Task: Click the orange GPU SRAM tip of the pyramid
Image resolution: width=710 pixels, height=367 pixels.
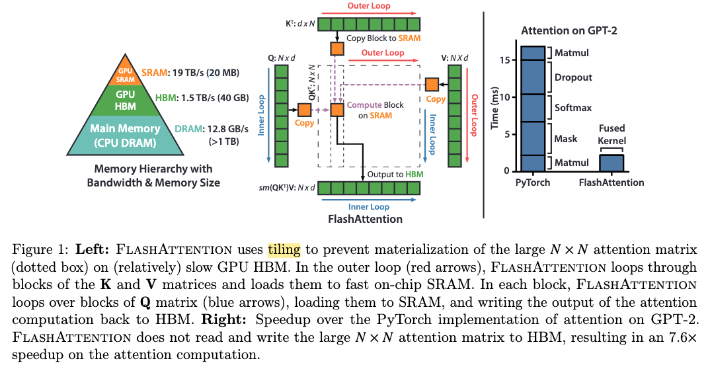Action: pyautogui.click(x=126, y=73)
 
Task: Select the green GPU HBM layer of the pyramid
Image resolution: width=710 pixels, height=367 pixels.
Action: pyautogui.click(x=125, y=100)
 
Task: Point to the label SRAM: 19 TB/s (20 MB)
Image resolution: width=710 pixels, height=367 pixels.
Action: pyautogui.click(x=190, y=73)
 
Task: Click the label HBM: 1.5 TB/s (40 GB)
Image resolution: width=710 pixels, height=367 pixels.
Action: pyautogui.click(x=202, y=97)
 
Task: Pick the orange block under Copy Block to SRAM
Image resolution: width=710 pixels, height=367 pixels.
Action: pyautogui.click(x=337, y=48)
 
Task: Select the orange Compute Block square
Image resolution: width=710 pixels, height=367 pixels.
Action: pyautogui.click(x=337, y=110)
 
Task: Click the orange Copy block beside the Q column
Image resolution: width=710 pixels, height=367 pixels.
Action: pyautogui.click(x=304, y=110)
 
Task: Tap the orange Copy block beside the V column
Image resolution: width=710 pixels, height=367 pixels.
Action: pyautogui.click(x=432, y=85)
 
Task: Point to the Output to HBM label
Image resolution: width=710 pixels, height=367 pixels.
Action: pyautogui.click(x=395, y=175)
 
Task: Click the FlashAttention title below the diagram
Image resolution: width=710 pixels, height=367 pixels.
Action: pyautogui.click(x=365, y=220)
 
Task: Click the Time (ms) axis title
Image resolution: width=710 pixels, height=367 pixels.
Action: pyautogui.click(x=494, y=108)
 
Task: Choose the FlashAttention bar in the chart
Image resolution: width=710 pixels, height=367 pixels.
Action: pyautogui.click(x=611, y=163)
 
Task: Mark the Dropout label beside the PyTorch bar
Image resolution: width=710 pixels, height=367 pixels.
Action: pyautogui.click(x=573, y=77)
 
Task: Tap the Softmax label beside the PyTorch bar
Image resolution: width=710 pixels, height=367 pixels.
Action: pyautogui.click(x=573, y=108)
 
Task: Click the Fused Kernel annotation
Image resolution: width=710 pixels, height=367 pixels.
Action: pyautogui.click(x=611, y=135)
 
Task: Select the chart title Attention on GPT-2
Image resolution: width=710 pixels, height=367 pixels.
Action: pyautogui.click(x=569, y=31)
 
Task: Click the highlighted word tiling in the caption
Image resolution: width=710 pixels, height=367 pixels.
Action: pyautogui.click(x=284, y=250)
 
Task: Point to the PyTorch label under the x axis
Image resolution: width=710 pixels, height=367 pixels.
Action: pyautogui.click(x=533, y=183)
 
